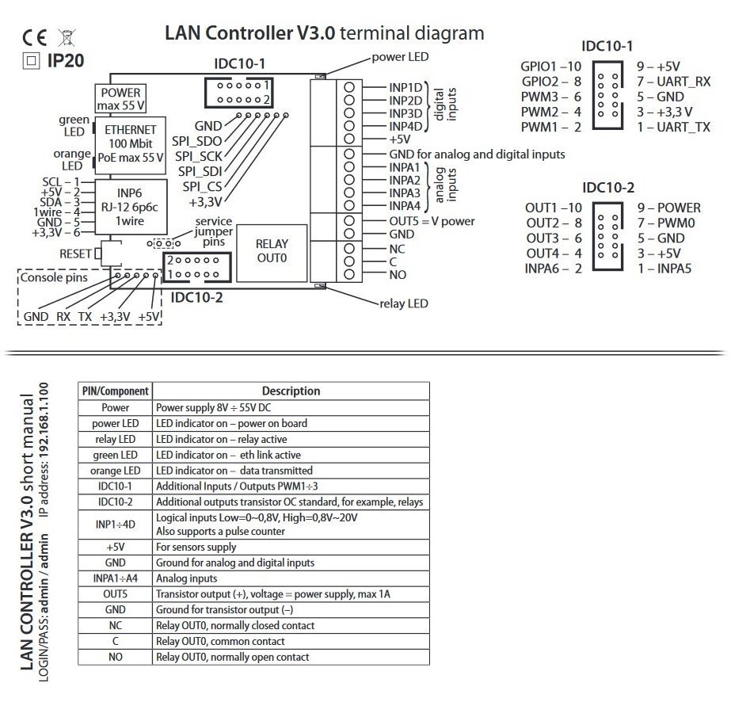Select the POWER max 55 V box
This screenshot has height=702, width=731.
point(120,98)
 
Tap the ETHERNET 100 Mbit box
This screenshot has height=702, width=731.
point(131,143)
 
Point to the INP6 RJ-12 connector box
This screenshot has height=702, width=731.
point(131,208)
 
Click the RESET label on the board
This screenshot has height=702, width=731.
point(75,254)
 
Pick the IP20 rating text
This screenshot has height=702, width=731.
point(65,59)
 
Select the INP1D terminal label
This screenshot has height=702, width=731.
point(405,87)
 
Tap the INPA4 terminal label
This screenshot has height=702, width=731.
point(404,206)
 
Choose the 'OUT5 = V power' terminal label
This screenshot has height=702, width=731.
point(432,221)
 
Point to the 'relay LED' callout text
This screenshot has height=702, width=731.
point(404,303)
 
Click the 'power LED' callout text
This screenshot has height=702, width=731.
point(401,57)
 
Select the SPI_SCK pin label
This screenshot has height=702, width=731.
point(199,156)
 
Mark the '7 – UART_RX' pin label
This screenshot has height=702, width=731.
point(674,82)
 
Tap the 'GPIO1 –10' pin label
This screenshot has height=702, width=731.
point(551,67)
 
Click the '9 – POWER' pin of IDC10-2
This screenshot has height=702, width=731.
point(668,208)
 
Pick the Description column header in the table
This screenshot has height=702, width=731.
point(291,391)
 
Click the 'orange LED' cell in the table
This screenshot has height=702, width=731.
point(115,471)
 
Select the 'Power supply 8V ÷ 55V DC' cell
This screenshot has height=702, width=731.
point(213,407)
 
